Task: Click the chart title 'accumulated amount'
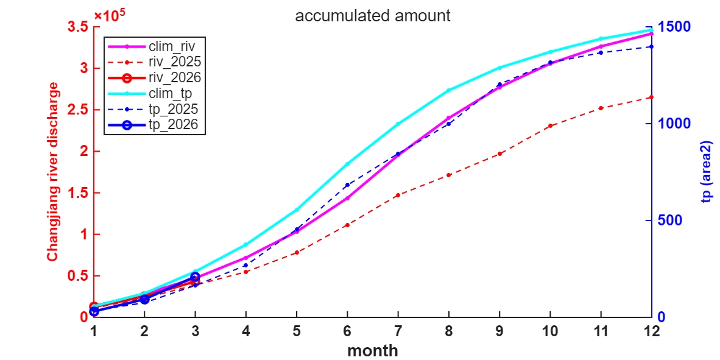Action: pyautogui.click(x=373, y=16)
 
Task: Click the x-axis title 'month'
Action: pyautogui.click(x=373, y=351)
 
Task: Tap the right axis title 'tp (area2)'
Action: pyautogui.click(x=707, y=172)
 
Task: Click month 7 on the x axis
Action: pyautogui.click(x=398, y=331)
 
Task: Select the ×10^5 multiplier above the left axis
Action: pyautogui.click(x=109, y=15)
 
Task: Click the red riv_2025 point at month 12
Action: pyautogui.click(x=651, y=97)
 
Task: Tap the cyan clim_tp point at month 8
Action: pyautogui.click(x=449, y=90)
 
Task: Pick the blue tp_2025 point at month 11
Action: pyautogui.click(x=601, y=52)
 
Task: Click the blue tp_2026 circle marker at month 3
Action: pyautogui.click(x=195, y=277)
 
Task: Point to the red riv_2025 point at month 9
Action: pyautogui.click(x=499, y=154)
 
